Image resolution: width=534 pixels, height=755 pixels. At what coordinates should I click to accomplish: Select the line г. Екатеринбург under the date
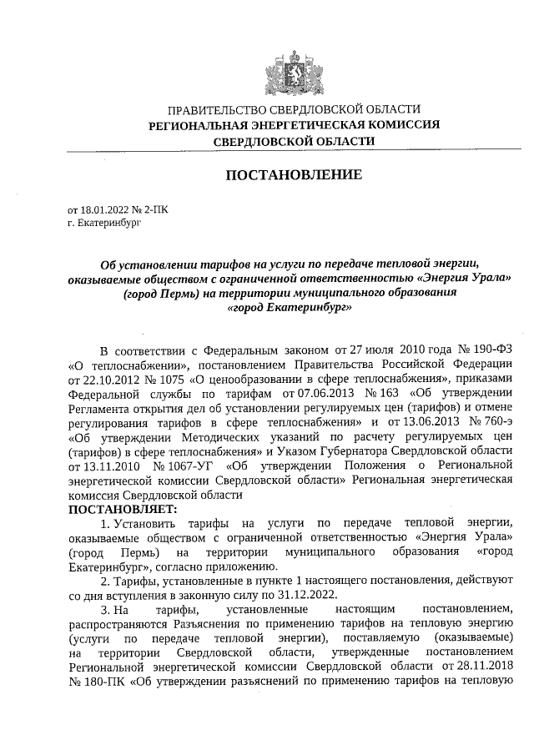pos(105,224)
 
